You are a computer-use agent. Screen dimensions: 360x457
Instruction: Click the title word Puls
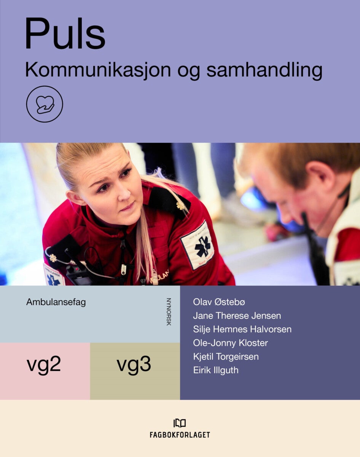(65, 34)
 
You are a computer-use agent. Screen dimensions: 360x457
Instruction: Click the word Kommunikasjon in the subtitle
(98, 71)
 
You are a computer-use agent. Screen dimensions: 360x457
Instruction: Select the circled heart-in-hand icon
(45, 104)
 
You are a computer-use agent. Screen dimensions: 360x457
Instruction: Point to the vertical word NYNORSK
(169, 312)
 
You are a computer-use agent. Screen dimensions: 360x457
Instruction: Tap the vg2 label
(44, 364)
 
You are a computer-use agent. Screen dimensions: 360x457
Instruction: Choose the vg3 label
(134, 364)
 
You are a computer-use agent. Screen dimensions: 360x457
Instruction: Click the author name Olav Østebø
(219, 302)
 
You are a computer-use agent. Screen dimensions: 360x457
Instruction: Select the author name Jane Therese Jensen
(237, 316)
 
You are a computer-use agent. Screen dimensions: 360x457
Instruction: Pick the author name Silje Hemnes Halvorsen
(242, 329)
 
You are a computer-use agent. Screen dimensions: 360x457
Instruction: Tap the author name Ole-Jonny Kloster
(231, 343)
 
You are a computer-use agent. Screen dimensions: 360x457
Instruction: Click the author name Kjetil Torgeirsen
(226, 356)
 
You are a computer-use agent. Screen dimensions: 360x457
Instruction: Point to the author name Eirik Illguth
(216, 370)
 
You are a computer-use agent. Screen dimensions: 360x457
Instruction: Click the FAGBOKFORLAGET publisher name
(180, 435)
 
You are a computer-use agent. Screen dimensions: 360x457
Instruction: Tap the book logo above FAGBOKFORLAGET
(180, 423)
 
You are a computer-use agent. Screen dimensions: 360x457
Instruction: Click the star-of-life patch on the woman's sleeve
(198, 245)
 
